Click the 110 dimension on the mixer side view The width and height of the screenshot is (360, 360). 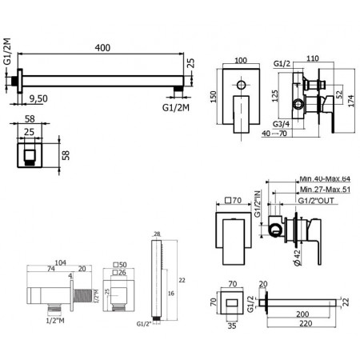point(314,61)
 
